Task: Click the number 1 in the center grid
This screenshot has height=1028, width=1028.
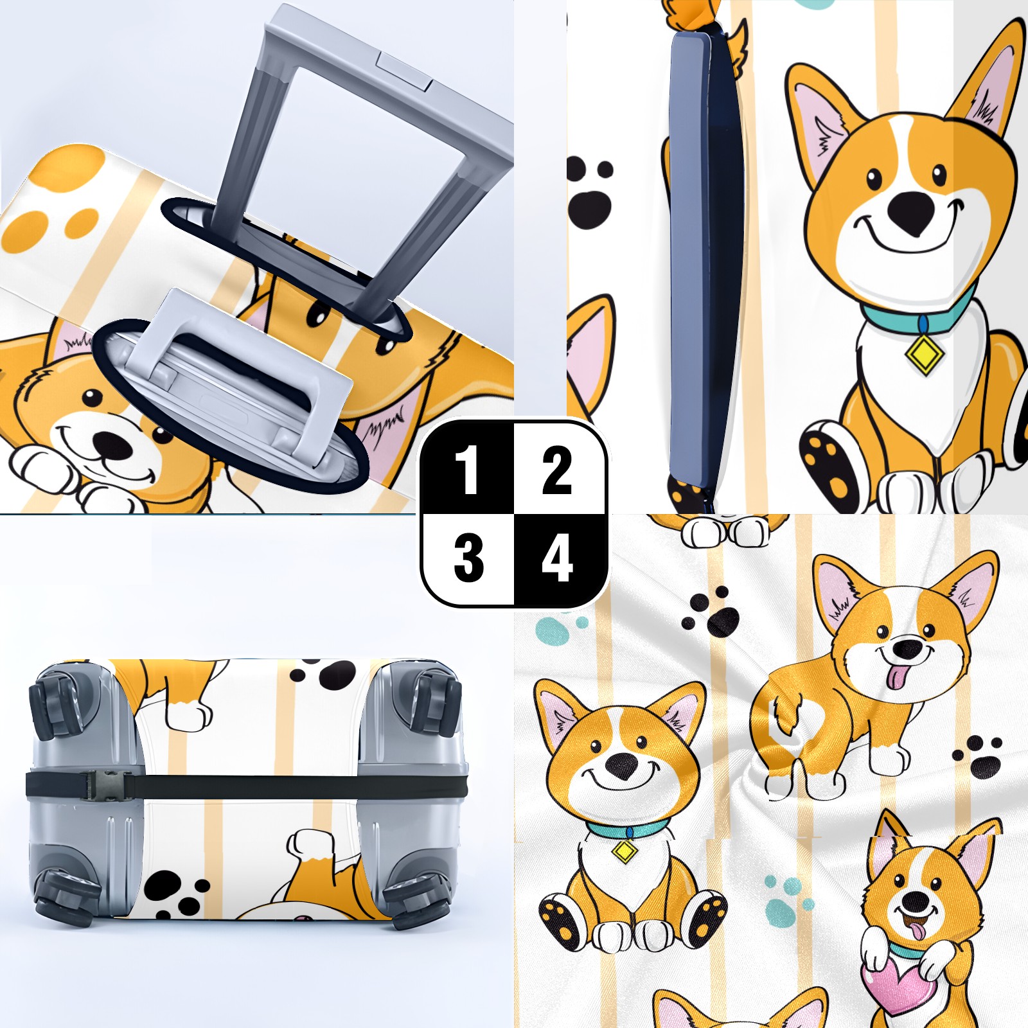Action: [x=467, y=470]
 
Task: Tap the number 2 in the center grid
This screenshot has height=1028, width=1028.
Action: [x=556, y=470]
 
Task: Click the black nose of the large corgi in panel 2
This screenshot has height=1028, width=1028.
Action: [x=912, y=212]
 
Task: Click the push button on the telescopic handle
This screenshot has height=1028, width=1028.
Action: [x=405, y=71]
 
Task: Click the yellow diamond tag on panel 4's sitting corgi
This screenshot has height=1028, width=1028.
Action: [x=624, y=851]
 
